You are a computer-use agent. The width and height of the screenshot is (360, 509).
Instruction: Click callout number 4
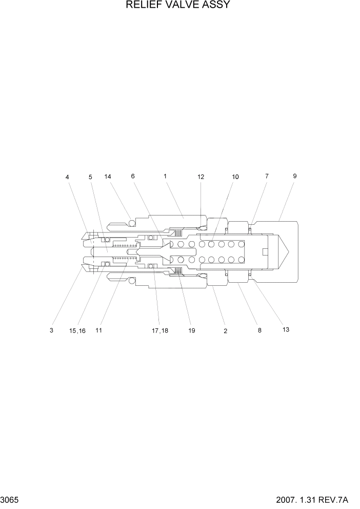pos(67,177)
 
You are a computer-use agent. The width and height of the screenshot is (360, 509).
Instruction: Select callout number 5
pos(90,177)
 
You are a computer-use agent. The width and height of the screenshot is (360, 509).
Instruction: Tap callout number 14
pos(108,177)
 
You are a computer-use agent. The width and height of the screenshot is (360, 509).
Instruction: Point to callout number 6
pos(133,176)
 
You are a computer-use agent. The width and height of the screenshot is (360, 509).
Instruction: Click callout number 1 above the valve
pos(165,176)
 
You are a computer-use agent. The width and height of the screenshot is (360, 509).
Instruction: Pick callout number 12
pos(201,177)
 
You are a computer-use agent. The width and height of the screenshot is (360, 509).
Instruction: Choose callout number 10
pos(235,177)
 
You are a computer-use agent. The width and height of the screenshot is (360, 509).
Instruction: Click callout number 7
pos(267,176)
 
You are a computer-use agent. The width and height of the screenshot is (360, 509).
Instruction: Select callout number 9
pos(295,175)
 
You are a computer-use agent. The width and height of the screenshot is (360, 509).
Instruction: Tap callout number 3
pos(51,331)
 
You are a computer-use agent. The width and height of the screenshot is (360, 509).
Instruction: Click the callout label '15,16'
pos(77,331)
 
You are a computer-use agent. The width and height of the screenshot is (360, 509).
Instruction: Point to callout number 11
pos(98,330)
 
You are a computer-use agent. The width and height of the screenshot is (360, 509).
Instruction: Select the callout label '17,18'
pos(159,331)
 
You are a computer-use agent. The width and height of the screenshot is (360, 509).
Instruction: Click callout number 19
pos(191,331)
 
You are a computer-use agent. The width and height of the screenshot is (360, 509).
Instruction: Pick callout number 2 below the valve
pos(225,331)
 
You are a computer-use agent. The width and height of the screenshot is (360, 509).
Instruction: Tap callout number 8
pos(259,331)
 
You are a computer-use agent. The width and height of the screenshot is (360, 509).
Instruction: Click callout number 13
pos(286,329)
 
